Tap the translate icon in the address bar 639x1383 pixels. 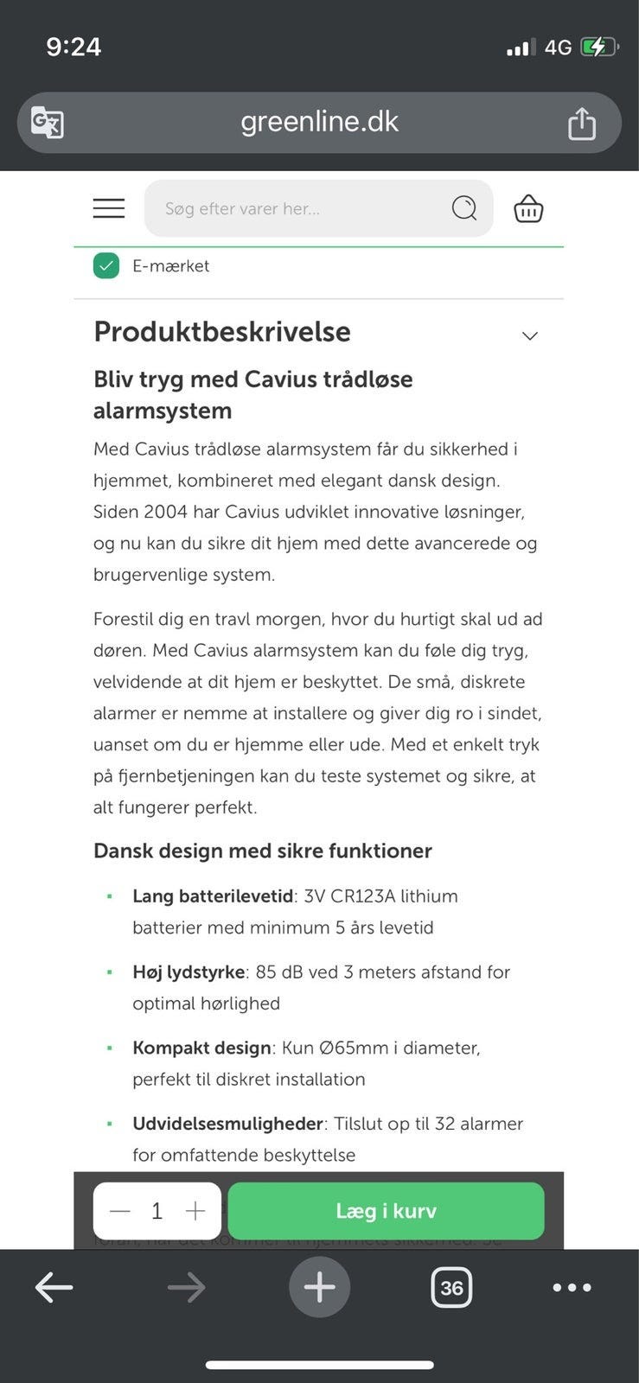48,122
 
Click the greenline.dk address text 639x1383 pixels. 319,122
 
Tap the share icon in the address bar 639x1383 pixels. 582,123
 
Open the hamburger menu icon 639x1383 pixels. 109,208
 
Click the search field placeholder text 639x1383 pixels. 242,209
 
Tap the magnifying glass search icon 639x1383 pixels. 464,208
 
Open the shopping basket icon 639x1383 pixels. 528,209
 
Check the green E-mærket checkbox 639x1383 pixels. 106,265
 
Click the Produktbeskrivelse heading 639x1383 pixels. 222,332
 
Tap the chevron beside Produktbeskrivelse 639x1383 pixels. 530,335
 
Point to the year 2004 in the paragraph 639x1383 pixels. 165,512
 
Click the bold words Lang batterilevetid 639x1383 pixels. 213,896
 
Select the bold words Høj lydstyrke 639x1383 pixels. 189,972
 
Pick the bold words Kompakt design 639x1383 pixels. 201,1048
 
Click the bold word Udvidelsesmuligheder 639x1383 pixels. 227,1124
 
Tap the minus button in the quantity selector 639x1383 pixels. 120,1211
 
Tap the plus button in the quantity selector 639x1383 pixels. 195,1211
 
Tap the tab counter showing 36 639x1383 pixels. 451,1288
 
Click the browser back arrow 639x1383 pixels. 54,1288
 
